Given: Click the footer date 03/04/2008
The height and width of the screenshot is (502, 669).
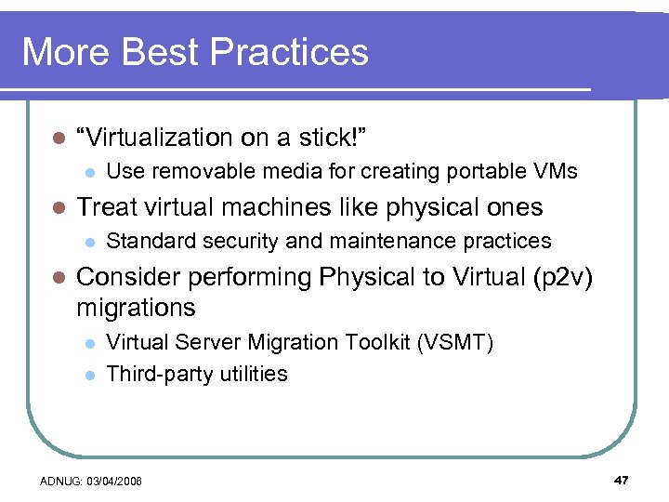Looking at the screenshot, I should pyautogui.click(x=118, y=482).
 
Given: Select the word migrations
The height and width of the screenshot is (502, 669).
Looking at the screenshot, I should pyautogui.click(x=136, y=308).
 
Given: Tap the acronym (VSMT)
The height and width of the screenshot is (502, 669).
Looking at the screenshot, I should pyautogui.click(x=455, y=342).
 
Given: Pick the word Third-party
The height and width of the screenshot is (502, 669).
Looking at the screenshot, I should pyautogui.click(x=155, y=374).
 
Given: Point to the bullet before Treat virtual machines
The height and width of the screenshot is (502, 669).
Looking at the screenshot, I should pyautogui.click(x=57, y=207).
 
